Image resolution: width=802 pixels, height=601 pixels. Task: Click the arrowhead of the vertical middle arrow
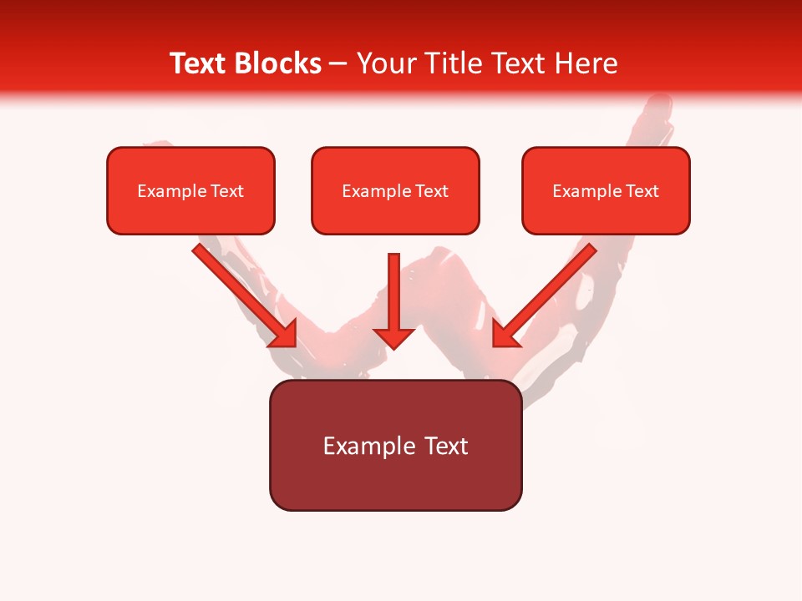(394, 336)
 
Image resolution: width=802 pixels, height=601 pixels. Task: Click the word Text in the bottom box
(447, 446)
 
